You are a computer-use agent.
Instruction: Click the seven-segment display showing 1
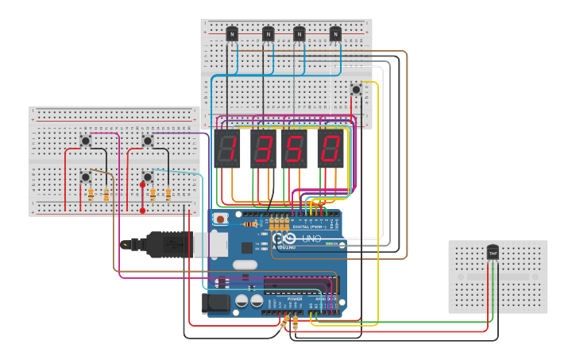click(227, 149)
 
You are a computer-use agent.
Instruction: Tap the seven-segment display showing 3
click(263, 149)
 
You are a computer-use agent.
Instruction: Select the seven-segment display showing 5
click(294, 149)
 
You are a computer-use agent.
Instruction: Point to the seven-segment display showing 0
click(331, 149)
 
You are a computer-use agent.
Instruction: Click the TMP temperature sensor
click(493, 253)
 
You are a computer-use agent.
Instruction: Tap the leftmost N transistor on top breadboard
click(231, 33)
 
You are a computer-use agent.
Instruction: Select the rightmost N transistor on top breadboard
click(335, 33)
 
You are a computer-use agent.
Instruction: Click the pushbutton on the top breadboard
click(356, 90)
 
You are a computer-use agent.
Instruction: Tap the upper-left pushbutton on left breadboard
click(86, 141)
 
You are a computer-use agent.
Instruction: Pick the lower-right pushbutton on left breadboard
click(148, 176)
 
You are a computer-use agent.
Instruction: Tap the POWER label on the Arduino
click(284, 299)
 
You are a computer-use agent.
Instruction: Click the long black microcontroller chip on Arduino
click(298, 283)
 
